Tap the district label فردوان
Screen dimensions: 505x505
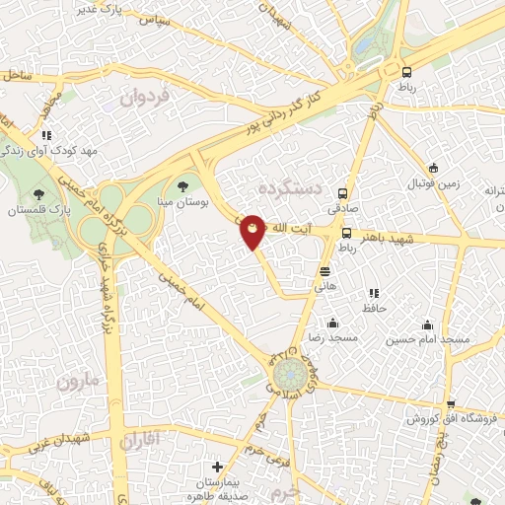pos(145,98)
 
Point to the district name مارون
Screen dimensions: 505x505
pos(79,380)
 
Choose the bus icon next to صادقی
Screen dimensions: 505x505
pos(343,193)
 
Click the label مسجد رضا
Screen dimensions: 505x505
pos(333,338)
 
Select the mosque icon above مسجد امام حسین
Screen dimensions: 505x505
pos(427,325)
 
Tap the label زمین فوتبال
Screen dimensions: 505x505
pos(434,183)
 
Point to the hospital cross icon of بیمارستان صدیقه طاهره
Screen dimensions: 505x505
pos(218,467)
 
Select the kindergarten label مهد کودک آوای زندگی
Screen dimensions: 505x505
pos(46,150)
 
